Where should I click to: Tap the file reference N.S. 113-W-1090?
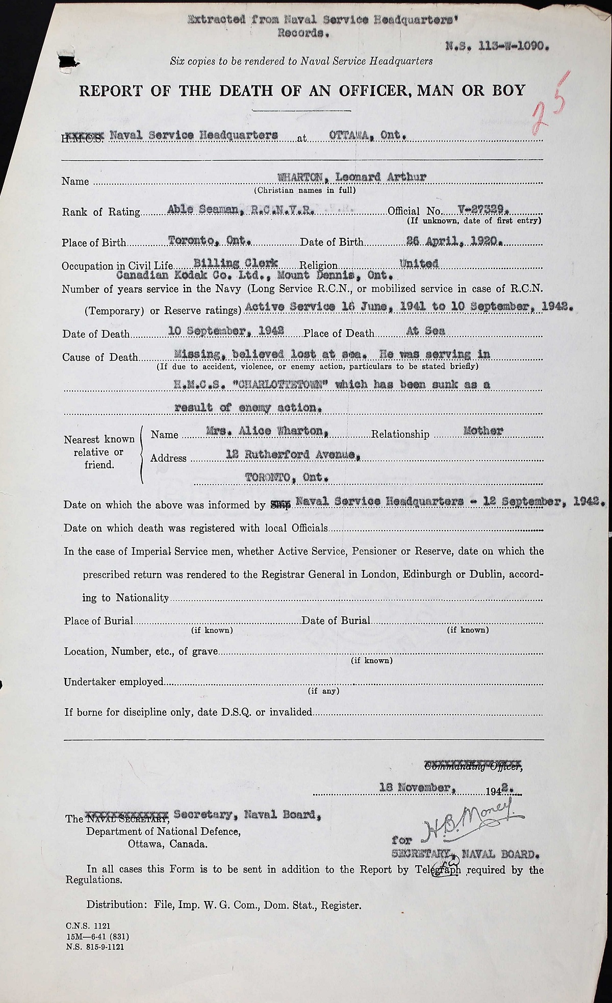point(497,44)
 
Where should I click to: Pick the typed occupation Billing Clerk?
point(236,263)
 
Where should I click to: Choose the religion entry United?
point(419,263)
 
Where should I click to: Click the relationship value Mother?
point(482,431)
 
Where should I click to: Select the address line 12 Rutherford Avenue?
point(293,456)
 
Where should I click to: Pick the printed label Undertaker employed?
point(114,682)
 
